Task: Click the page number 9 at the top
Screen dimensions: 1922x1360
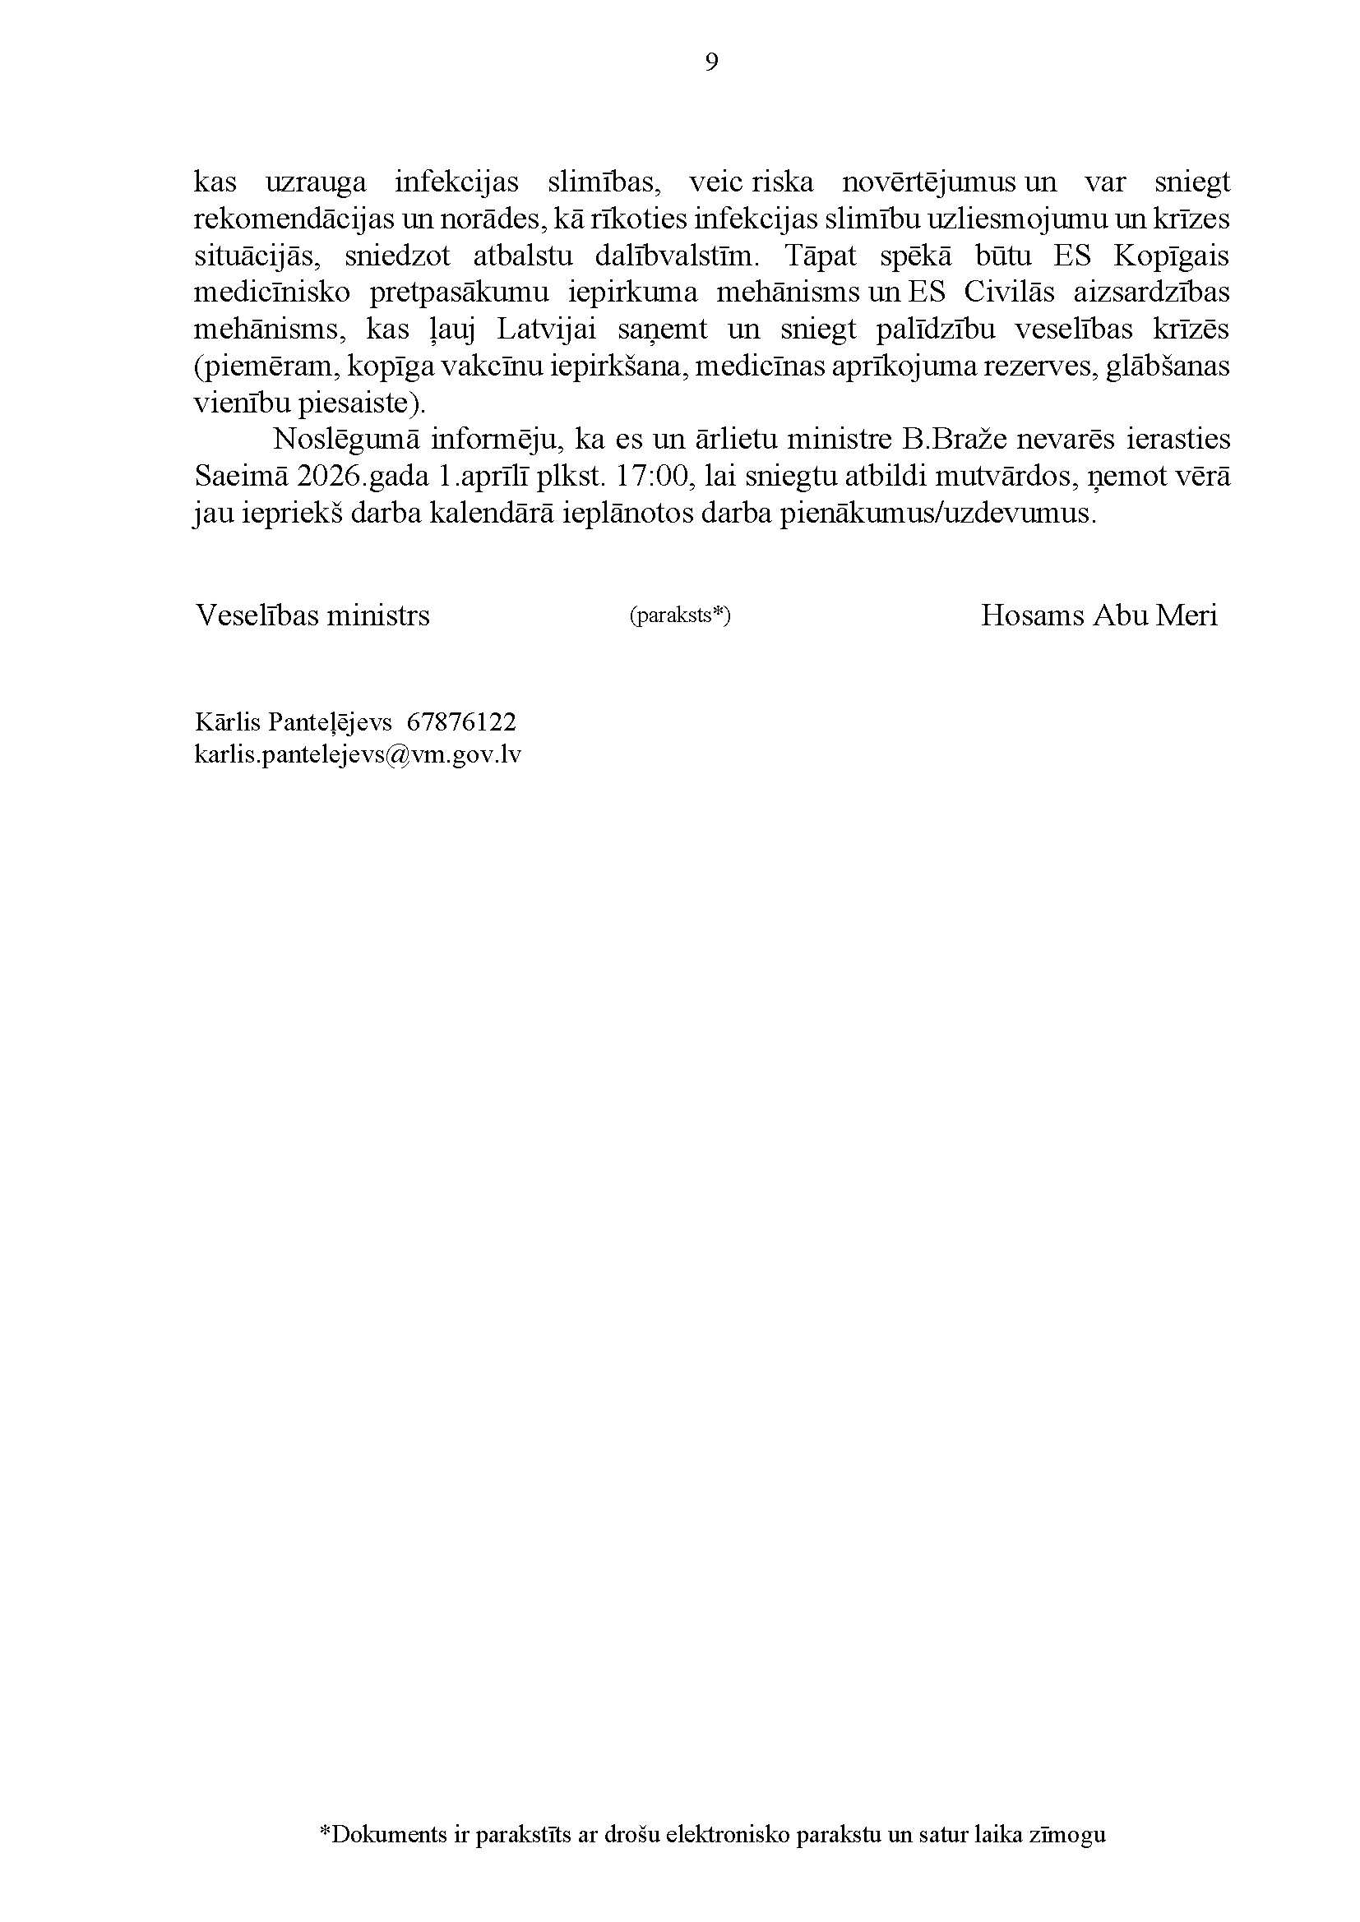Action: (x=711, y=62)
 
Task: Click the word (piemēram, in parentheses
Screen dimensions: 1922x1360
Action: (x=266, y=366)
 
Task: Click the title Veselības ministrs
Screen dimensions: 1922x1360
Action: (x=312, y=616)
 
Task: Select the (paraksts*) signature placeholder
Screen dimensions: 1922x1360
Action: (x=679, y=617)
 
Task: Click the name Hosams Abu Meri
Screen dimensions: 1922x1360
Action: (x=1099, y=616)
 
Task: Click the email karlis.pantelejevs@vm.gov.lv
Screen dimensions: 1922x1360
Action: (x=358, y=755)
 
